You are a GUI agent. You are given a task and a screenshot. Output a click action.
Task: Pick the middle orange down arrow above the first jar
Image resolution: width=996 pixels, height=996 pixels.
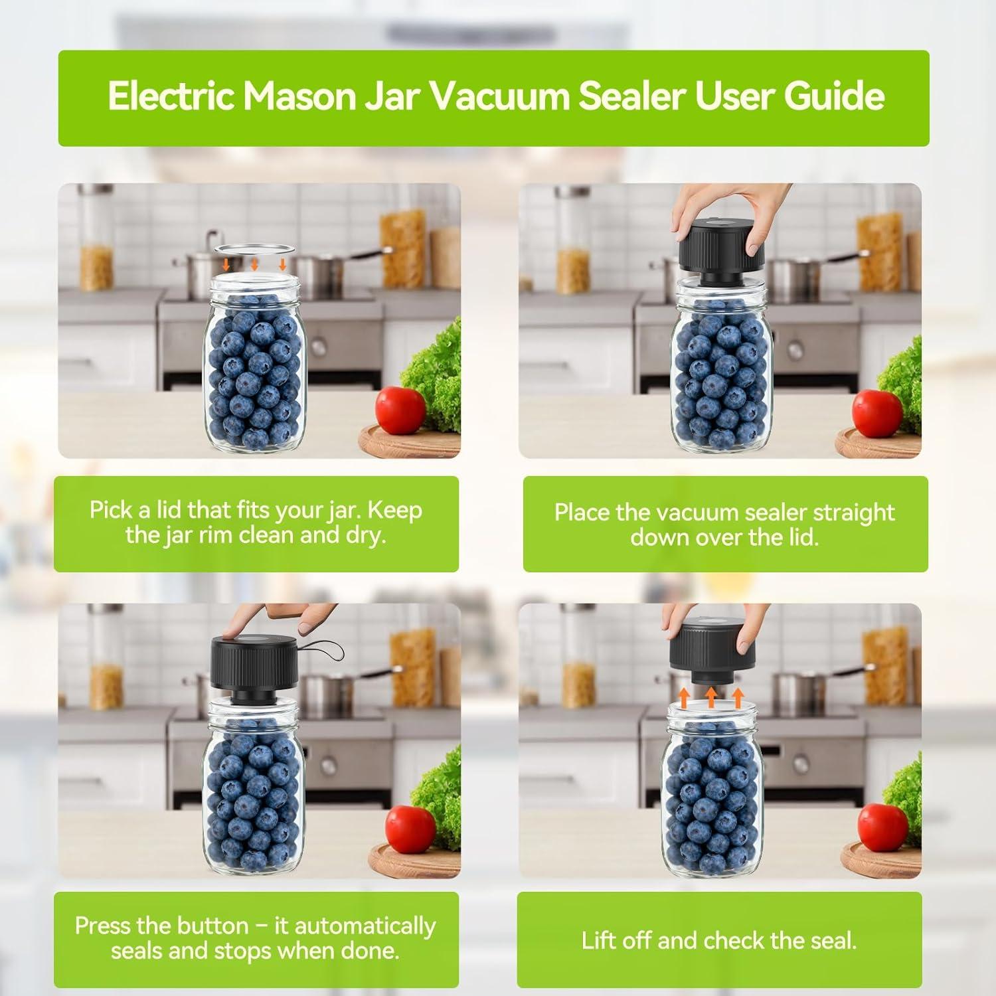tap(254, 264)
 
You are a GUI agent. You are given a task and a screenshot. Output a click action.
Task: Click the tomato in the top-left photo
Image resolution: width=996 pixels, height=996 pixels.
tap(400, 410)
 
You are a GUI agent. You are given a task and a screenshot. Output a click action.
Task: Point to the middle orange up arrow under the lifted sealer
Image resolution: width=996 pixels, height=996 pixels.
tap(711, 697)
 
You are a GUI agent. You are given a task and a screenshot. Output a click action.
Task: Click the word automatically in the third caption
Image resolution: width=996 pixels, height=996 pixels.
tap(365, 926)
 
